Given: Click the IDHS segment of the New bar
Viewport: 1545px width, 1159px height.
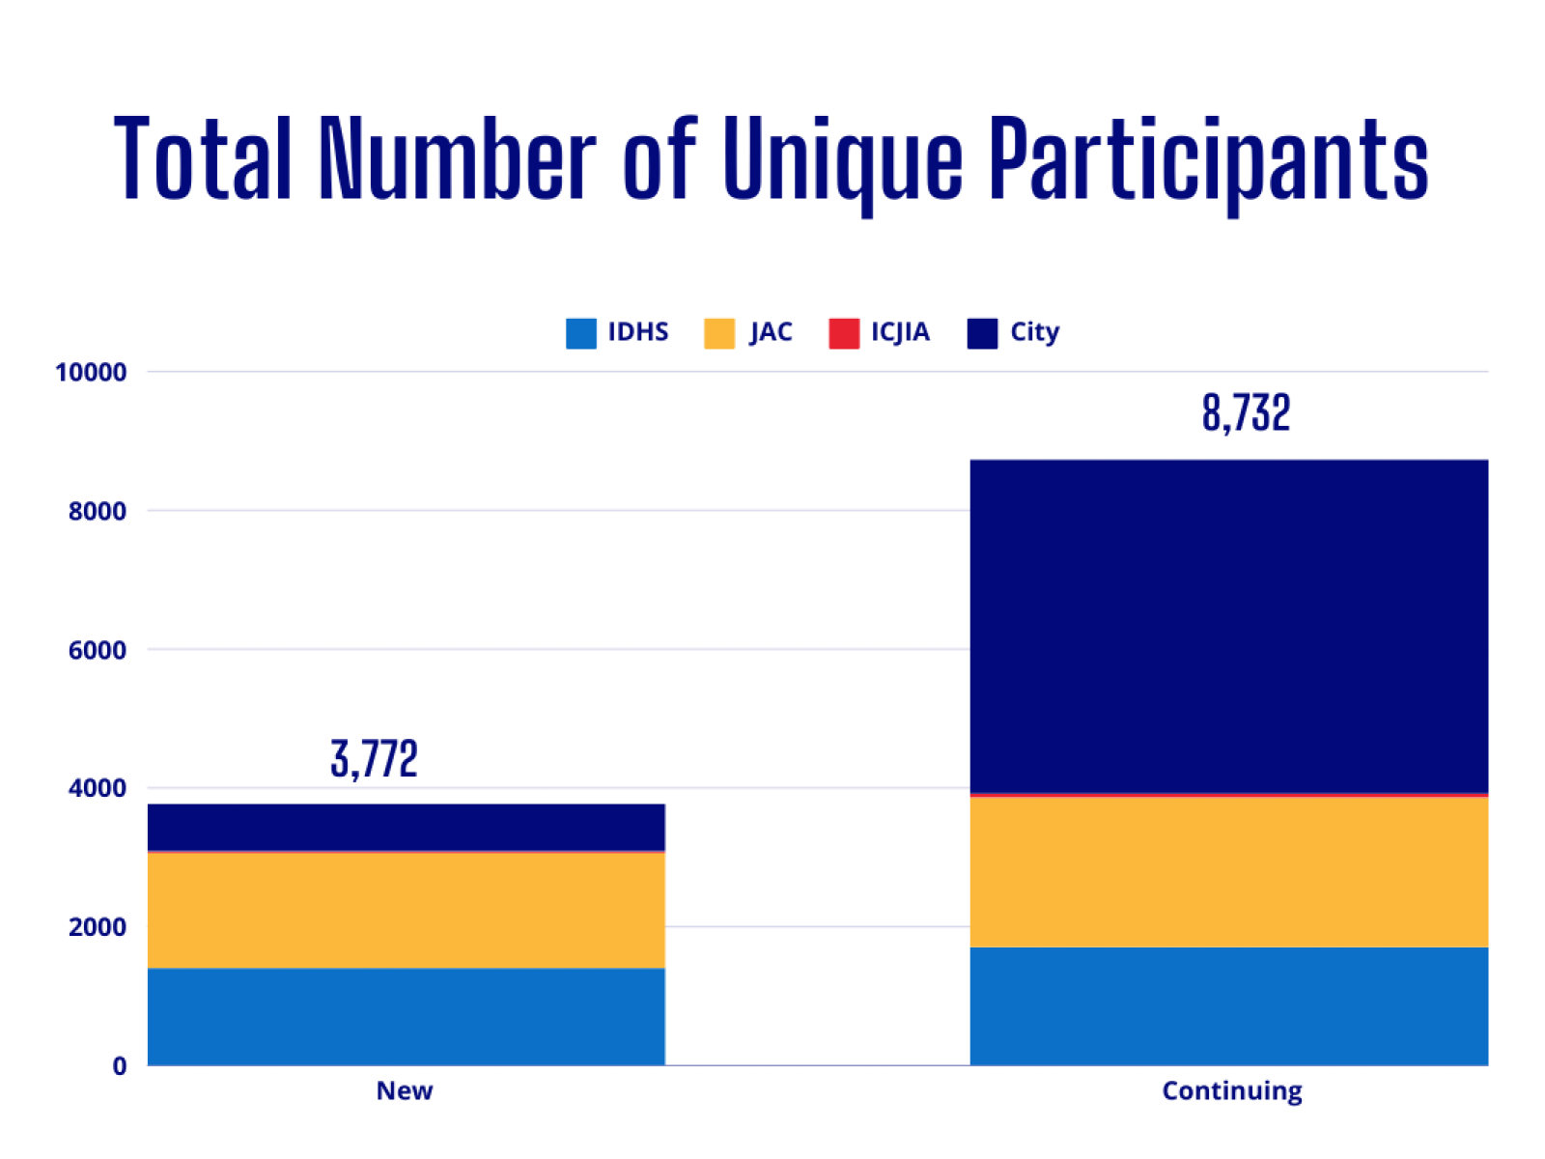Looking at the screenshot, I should coord(406,1016).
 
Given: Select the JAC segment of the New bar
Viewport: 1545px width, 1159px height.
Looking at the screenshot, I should coord(406,910).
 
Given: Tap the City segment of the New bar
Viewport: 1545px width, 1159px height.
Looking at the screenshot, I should coord(406,827).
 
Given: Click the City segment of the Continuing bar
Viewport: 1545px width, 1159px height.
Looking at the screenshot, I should coord(1228,626).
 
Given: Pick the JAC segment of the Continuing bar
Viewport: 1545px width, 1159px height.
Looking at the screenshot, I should coord(1228,871).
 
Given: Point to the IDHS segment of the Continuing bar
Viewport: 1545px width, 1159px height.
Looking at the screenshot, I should coord(1228,1005).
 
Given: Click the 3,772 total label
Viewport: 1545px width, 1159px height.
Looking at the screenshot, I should coord(374,758).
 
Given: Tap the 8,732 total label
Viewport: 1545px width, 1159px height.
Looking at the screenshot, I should coord(1246,413).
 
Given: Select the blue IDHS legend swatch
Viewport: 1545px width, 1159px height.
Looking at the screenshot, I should coord(581,332).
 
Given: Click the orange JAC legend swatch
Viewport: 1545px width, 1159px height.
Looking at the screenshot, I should coord(719,332).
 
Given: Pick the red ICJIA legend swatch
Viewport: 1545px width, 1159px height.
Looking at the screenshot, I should coord(844,332).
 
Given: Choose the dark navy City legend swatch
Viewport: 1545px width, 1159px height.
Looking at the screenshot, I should coord(982,332).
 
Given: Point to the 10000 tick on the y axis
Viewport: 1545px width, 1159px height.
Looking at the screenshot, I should coord(91,373).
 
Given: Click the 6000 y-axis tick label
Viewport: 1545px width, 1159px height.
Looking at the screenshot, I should coord(98,650).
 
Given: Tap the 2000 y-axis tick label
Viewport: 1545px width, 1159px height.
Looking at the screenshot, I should coord(98,927).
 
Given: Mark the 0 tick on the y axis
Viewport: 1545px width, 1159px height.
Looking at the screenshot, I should coord(120,1066).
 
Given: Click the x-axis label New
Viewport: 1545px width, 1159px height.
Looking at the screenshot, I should coord(405,1090).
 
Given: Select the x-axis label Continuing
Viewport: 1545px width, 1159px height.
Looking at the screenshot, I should coord(1231,1090).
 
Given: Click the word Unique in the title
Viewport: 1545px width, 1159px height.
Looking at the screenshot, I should coord(842,159).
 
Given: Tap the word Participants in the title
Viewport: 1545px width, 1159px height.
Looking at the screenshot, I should coord(1209,159).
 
